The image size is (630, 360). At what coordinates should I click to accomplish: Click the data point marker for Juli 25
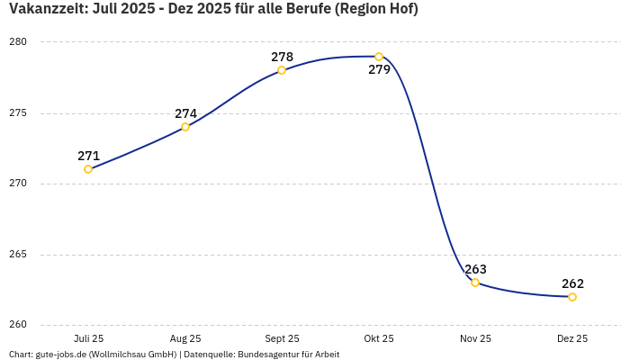pos(88,169)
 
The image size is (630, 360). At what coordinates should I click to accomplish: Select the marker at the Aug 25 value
pos(185,127)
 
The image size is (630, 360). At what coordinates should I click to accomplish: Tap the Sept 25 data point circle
pos(282,70)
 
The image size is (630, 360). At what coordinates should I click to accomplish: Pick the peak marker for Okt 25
pos(379,57)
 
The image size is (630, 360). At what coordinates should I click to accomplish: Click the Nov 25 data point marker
pos(475,283)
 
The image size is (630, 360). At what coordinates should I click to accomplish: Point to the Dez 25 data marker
pos(572,297)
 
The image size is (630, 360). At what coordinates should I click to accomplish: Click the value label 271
pos(88,156)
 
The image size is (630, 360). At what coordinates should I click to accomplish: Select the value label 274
pos(185,113)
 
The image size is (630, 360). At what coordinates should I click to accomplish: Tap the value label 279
pos(379,70)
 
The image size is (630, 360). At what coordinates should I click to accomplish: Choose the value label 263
pos(475,269)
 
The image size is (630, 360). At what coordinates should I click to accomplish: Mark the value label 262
pos(572,283)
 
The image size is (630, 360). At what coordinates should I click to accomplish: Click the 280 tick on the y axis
pos(19,42)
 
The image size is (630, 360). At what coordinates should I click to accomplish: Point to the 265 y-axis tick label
pos(19,255)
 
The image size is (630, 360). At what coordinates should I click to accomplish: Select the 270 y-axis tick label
pos(19,184)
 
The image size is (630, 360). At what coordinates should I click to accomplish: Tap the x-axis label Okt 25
pos(379,338)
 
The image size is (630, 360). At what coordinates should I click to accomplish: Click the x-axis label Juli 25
pos(88,338)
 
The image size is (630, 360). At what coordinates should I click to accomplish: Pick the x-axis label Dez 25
pos(572,338)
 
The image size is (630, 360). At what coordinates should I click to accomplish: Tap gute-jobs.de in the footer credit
pos(59,355)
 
